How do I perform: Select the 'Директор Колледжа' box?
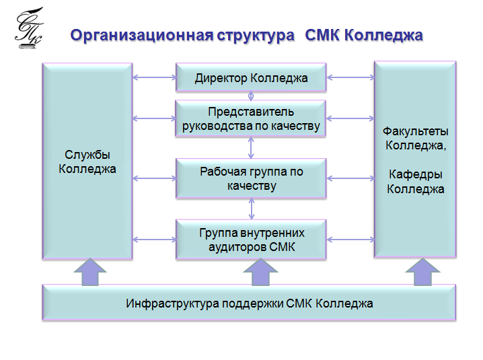coord(251,78)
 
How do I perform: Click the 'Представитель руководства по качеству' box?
coord(251,118)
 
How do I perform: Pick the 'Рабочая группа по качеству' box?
coord(251,178)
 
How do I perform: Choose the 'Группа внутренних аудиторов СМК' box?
coord(251,240)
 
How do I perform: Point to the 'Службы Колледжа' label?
coord(87,161)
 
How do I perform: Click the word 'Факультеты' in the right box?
coord(415,131)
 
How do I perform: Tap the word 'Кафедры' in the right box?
coord(415,175)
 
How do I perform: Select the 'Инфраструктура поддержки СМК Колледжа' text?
coord(249,303)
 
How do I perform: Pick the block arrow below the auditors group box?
coord(260,273)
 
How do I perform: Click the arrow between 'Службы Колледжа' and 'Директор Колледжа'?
coord(154,77)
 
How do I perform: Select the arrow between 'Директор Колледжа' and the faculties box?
coord(350,77)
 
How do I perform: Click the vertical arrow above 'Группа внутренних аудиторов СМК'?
coord(252,209)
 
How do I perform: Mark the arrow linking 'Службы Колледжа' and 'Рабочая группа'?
coord(154,179)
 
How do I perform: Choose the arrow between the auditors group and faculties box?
coord(350,240)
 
